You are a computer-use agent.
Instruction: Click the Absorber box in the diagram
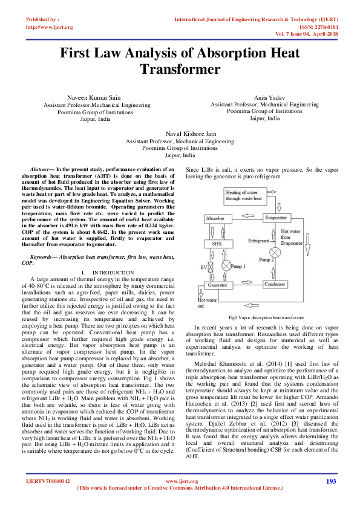coord(215,218)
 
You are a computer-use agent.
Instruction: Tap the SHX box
coord(215,244)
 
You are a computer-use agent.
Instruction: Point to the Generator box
coord(217,285)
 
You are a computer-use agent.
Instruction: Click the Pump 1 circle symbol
coord(226,265)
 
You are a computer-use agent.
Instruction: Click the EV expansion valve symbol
coord(211,266)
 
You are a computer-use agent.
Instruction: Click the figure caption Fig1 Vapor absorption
coord(266,317)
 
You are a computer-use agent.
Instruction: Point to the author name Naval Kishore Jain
coord(180,133)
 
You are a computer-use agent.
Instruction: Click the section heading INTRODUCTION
coord(113,273)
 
